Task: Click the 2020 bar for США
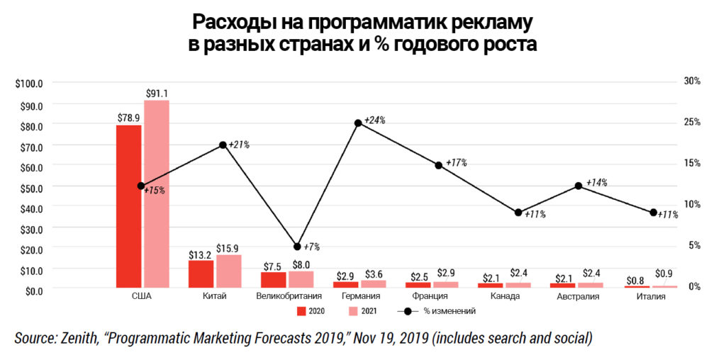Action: point(128,206)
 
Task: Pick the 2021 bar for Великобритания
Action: point(301,279)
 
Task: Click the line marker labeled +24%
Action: point(358,123)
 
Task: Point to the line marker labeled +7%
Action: point(297,247)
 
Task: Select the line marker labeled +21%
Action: point(223,145)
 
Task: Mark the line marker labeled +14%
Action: point(579,186)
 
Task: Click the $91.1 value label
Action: point(157,93)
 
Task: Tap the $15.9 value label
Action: point(228,248)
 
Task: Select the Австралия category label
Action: point(579,297)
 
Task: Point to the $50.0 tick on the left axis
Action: point(29,187)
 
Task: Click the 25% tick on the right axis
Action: point(691,122)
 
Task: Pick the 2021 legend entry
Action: point(361,311)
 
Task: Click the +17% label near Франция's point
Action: point(457,162)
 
